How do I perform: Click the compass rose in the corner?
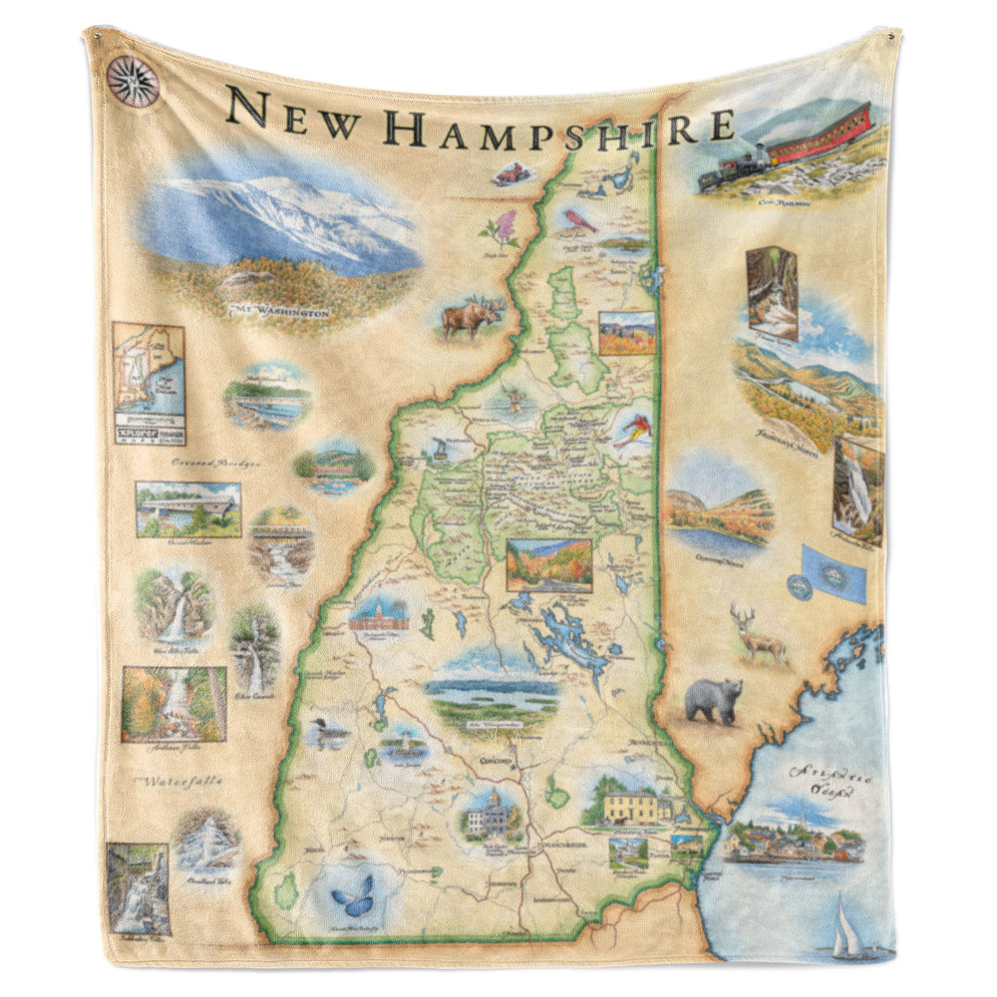pyautogui.click(x=133, y=82)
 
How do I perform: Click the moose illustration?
pyautogui.click(x=469, y=317)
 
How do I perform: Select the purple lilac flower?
pyautogui.click(x=500, y=229)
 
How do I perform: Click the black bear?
pyautogui.click(x=715, y=699)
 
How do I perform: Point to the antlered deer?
pyautogui.click(x=758, y=634)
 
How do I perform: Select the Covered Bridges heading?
pyautogui.click(x=215, y=464)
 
